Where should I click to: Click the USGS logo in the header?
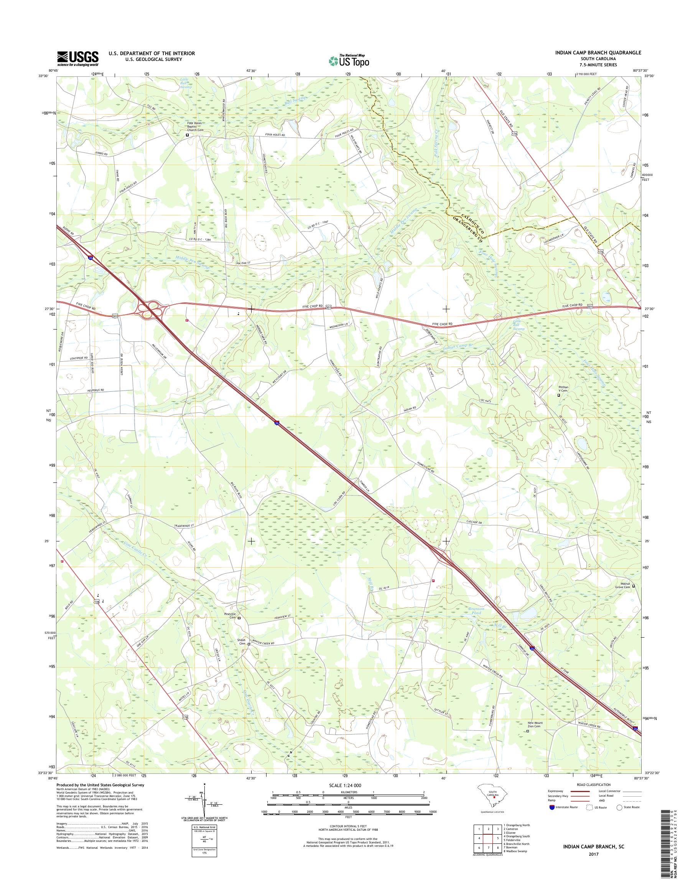pyautogui.click(x=78, y=58)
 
